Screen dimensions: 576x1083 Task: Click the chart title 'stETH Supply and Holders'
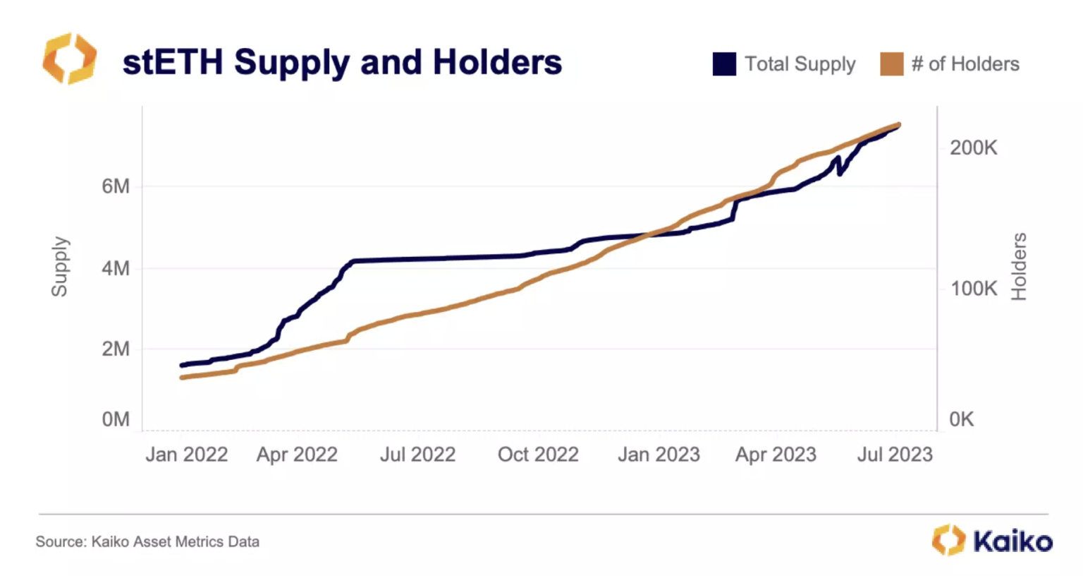342,62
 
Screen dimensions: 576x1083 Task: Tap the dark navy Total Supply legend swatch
724,64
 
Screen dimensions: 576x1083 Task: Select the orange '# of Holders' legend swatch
891,64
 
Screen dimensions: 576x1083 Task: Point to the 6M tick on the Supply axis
116,186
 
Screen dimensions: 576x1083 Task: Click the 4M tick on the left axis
116,268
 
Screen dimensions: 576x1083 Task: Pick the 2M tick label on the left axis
116,349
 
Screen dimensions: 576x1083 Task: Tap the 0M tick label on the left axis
116,419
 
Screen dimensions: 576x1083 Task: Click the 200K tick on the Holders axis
973,148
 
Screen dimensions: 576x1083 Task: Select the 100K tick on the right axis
973,289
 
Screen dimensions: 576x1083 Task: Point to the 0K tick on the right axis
961,419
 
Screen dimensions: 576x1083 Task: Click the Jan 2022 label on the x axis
186,455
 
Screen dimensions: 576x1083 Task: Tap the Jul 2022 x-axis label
417,455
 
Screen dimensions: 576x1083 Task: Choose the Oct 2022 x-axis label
538,455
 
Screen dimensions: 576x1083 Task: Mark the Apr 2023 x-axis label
776,455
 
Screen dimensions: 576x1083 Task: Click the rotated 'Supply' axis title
60,267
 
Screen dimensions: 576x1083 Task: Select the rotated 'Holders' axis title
1019,267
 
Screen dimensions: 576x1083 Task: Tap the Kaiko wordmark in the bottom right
1012,541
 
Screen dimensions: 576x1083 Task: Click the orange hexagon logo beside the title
69,59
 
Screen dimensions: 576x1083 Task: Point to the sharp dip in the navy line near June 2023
840,173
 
